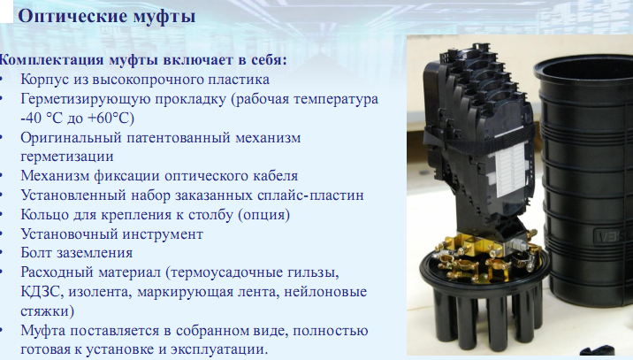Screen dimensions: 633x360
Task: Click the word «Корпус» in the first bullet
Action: [45, 80]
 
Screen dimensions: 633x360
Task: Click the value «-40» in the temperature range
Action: [31, 118]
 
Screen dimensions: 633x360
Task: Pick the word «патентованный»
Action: [179, 137]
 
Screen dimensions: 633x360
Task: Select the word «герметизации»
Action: [67, 157]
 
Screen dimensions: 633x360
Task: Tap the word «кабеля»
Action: [276, 176]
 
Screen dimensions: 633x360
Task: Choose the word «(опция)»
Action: [264, 215]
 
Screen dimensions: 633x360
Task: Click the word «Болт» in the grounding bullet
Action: [37, 253]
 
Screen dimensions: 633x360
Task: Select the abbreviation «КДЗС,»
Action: [42, 292]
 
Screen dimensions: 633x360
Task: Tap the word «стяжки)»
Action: [48, 311]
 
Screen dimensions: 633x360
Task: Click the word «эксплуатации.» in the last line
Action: [219, 350]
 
